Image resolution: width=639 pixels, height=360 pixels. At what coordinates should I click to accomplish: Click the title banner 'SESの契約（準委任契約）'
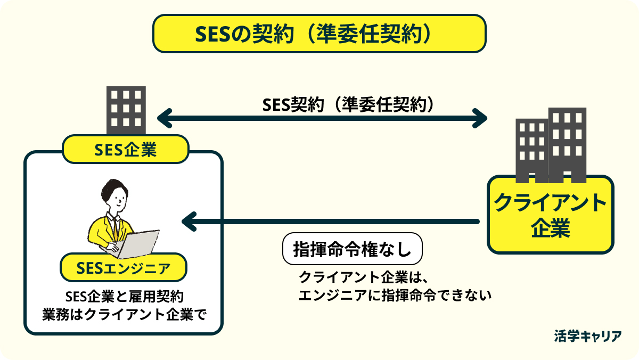pyautogui.click(x=319, y=34)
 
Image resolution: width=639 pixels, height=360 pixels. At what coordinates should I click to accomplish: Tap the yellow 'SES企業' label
pyautogui.click(x=126, y=149)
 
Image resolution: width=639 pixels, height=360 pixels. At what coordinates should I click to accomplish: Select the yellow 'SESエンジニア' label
pyautogui.click(x=123, y=267)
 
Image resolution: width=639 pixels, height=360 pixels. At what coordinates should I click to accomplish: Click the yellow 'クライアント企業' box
pyautogui.click(x=550, y=215)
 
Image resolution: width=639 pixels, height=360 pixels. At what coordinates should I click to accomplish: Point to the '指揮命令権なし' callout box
pyautogui.click(x=353, y=249)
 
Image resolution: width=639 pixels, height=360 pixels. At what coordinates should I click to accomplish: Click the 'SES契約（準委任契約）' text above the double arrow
pyautogui.click(x=348, y=105)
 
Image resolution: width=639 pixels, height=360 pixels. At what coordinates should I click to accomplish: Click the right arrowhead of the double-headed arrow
pyautogui.click(x=480, y=118)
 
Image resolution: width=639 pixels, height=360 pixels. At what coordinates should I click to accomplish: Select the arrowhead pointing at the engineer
pyautogui.click(x=189, y=222)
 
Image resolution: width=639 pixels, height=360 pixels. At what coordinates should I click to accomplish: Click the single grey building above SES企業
pyautogui.click(x=126, y=110)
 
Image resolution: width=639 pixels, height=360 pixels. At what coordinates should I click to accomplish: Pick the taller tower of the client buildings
pyautogui.click(x=567, y=145)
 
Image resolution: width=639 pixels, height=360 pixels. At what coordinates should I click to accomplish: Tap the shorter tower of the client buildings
pyautogui.click(x=532, y=151)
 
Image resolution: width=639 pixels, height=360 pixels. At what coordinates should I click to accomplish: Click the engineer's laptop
pyautogui.click(x=138, y=244)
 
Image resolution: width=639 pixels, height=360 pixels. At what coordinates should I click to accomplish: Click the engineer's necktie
pyautogui.click(x=116, y=228)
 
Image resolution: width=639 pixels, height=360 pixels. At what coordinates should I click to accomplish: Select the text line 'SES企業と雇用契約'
pyautogui.click(x=125, y=297)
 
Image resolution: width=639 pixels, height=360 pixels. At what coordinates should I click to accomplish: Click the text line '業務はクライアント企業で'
pyautogui.click(x=124, y=315)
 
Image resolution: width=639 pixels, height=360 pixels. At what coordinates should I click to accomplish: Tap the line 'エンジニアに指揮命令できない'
pyautogui.click(x=395, y=295)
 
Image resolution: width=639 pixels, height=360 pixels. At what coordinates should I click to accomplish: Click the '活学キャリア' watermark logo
pyautogui.click(x=588, y=336)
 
